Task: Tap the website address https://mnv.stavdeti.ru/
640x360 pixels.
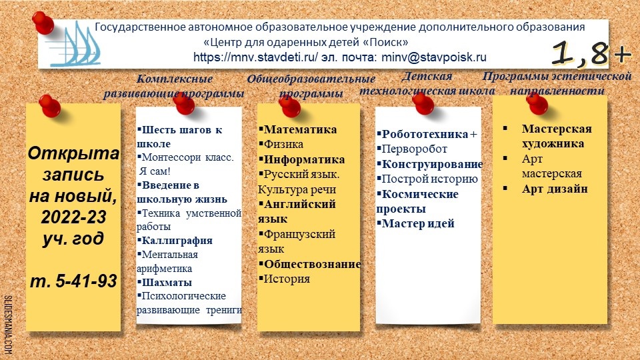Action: pyautogui.click(x=255, y=57)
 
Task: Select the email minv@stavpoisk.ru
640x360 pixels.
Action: pyautogui.click(x=434, y=57)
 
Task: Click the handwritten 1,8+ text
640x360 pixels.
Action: pyautogui.click(x=591, y=53)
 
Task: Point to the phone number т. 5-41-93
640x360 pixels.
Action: pyautogui.click(x=73, y=281)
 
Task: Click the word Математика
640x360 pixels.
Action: pyautogui.click(x=300, y=129)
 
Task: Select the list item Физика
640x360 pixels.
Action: pyautogui.click(x=283, y=144)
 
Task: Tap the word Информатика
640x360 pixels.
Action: pyautogui.click(x=304, y=159)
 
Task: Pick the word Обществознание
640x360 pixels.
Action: pyautogui.click(x=312, y=264)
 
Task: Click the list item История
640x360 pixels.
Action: pyautogui.click(x=287, y=279)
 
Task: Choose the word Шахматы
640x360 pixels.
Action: pyautogui.click(x=167, y=282)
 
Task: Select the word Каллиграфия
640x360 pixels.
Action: pyautogui.click(x=177, y=241)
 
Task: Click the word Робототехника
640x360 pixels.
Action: pyautogui.click(x=425, y=134)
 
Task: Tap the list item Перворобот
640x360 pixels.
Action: pyautogui.click(x=414, y=149)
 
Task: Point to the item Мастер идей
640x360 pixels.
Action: pyautogui.click(x=418, y=223)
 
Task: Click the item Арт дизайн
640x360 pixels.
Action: pyautogui.click(x=555, y=189)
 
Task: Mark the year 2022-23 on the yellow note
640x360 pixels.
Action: pyautogui.click(x=73, y=217)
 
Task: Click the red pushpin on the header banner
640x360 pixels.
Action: pyautogui.click(x=43, y=23)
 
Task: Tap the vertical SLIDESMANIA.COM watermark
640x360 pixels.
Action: pyautogui.click(x=8, y=325)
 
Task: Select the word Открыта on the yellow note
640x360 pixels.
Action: pyautogui.click(x=73, y=153)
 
